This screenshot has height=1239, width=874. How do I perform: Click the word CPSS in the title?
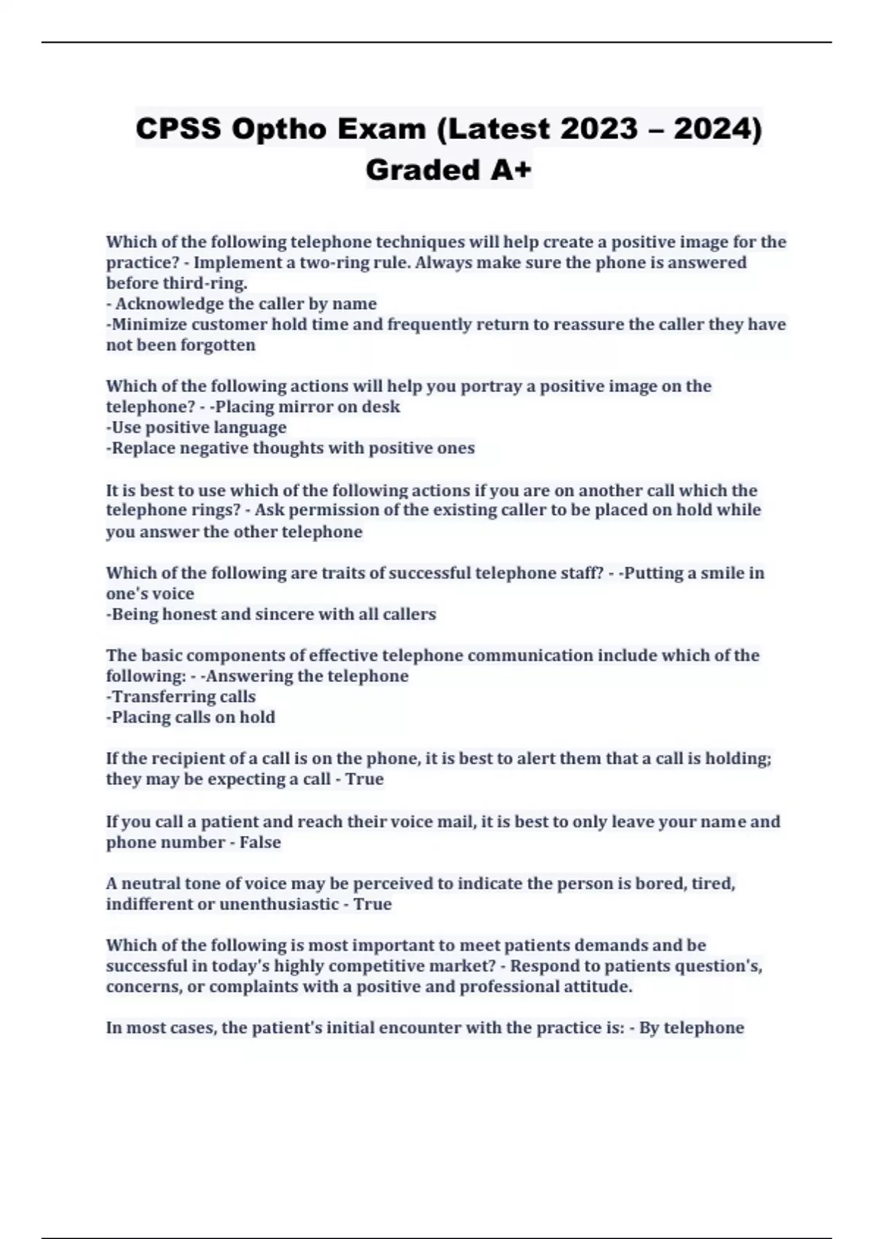178,129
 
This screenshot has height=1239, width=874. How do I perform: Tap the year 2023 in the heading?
599,129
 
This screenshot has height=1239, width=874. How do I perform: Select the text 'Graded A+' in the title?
449,170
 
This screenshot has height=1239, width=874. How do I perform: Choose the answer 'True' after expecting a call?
364,779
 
